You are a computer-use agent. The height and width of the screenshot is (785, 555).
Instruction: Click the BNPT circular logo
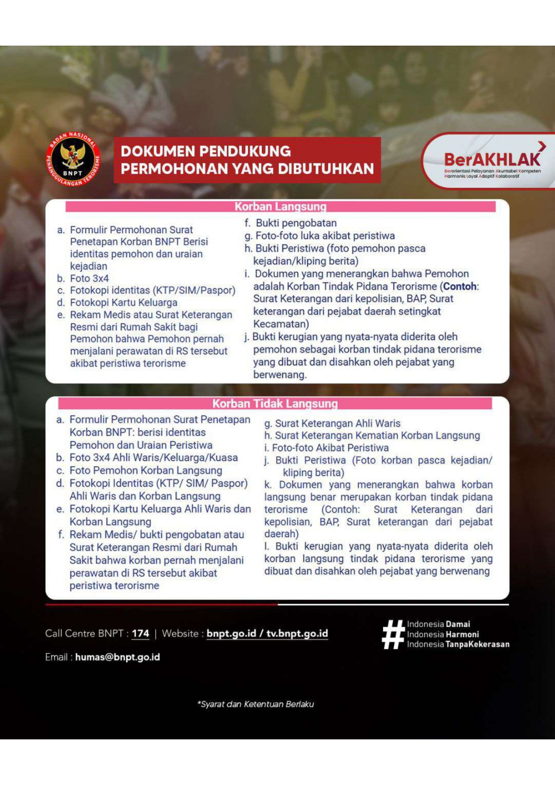click(73, 160)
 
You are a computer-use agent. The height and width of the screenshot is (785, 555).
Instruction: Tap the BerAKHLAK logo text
click(491, 159)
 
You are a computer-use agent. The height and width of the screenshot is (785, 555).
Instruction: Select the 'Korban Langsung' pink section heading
click(280, 207)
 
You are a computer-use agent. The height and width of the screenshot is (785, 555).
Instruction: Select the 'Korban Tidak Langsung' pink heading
click(275, 404)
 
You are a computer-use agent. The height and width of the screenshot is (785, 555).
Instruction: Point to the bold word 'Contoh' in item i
click(460, 286)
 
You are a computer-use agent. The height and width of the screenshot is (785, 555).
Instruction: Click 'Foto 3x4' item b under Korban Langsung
click(89, 278)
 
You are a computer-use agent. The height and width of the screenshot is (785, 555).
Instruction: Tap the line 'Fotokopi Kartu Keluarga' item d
click(123, 303)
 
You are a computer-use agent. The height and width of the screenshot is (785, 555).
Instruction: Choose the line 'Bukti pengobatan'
click(296, 223)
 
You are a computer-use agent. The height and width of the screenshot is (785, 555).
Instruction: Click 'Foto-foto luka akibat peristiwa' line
click(325, 236)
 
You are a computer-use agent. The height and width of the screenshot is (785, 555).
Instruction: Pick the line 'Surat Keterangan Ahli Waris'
click(337, 423)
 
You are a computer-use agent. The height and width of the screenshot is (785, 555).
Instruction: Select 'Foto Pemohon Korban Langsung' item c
click(145, 471)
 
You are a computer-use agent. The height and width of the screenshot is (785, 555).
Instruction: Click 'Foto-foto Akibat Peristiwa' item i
click(330, 448)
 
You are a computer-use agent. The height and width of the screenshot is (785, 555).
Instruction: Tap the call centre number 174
click(140, 633)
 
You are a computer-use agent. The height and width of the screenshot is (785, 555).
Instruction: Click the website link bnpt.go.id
click(231, 633)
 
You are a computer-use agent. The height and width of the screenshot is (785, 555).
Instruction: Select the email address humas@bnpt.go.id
click(117, 657)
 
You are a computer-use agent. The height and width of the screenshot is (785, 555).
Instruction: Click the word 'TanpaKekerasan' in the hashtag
click(477, 644)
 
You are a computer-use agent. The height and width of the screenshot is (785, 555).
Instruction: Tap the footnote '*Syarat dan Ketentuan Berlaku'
click(255, 704)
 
